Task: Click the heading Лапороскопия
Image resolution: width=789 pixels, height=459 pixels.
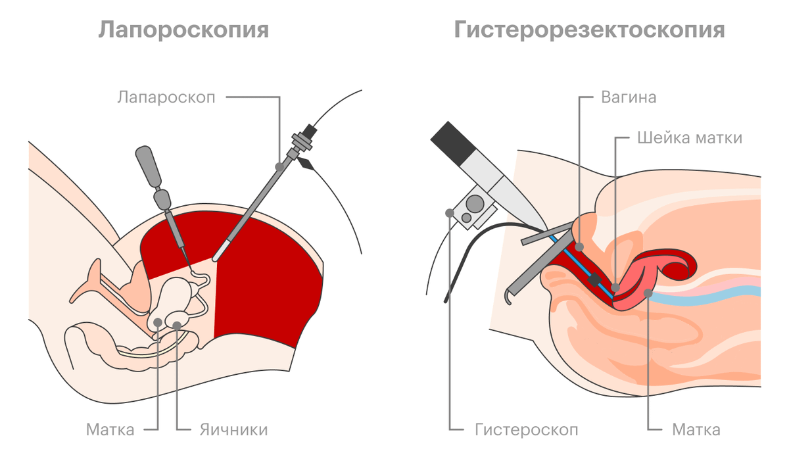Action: pos(183,30)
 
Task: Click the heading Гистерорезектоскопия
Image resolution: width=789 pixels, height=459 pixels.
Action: pos(590,30)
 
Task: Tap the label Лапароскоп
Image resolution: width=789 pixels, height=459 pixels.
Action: pos(166,97)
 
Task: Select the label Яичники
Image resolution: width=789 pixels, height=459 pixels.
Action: pos(234,430)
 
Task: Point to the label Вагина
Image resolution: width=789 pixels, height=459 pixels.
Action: pos(629,97)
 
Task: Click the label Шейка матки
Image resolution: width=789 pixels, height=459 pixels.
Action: pos(690,137)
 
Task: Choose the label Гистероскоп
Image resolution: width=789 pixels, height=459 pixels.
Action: pos(527,430)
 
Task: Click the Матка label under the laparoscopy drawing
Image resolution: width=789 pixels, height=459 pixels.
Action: pos(110,430)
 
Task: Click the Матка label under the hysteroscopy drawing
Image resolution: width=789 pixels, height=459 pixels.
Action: pos(696,430)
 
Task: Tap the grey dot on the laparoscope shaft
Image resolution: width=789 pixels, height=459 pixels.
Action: pos(279,166)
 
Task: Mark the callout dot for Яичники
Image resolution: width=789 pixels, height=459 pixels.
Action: pos(177,326)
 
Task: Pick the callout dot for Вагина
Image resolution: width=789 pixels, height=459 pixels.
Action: pos(579,247)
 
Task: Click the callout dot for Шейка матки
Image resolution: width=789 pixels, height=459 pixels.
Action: pos(615,287)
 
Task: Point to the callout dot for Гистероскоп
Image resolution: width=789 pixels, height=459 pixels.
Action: pos(450,213)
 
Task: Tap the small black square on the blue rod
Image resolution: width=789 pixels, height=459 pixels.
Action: pos(594,279)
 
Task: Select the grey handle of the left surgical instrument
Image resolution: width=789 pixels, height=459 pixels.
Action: pos(149,166)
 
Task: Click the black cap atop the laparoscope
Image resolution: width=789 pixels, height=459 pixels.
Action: pos(310,131)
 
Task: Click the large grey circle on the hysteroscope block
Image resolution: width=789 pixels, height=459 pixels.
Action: pos(475,204)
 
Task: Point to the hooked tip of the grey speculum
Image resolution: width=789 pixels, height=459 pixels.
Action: pos(507,298)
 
